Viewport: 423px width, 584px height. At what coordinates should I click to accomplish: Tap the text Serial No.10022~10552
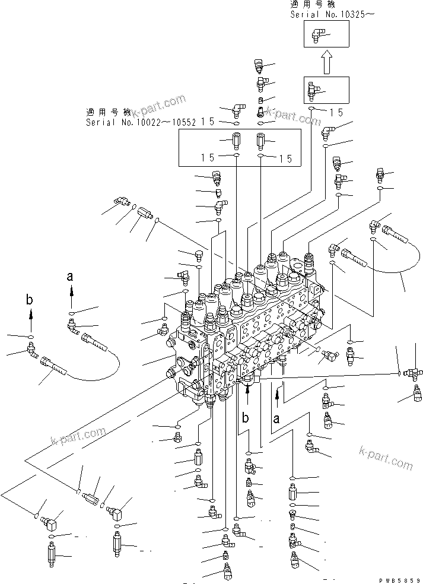pyautogui.click(x=141, y=122)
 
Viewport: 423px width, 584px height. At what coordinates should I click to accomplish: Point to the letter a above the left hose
pyautogui.click(x=71, y=276)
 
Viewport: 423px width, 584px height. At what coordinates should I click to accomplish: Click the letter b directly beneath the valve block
pyautogui.click(x=244, y=418)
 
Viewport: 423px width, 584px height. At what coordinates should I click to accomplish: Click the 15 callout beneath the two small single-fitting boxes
pyautogui.click(x=336, y=111)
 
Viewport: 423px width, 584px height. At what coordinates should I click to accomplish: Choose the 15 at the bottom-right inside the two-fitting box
pyautogui.click(x=285, y=158)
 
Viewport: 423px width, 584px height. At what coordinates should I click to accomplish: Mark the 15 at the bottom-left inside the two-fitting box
pyautogui.click(x=207, y=158)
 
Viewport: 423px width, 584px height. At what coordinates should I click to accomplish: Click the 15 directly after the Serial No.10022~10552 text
pyautogui.click(x=207, y=122)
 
